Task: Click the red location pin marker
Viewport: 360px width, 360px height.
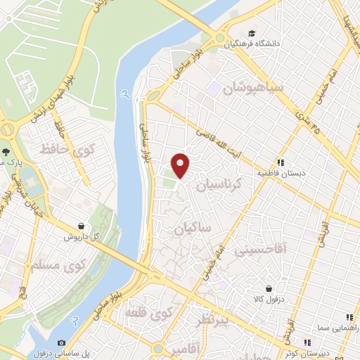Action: point(181,165)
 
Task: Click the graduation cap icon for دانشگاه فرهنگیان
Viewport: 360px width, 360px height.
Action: point(252,34)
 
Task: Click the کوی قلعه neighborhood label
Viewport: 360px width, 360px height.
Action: point(148,311)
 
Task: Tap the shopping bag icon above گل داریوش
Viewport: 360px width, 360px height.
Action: point(82,226)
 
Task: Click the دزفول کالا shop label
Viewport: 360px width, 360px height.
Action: point(269,299)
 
